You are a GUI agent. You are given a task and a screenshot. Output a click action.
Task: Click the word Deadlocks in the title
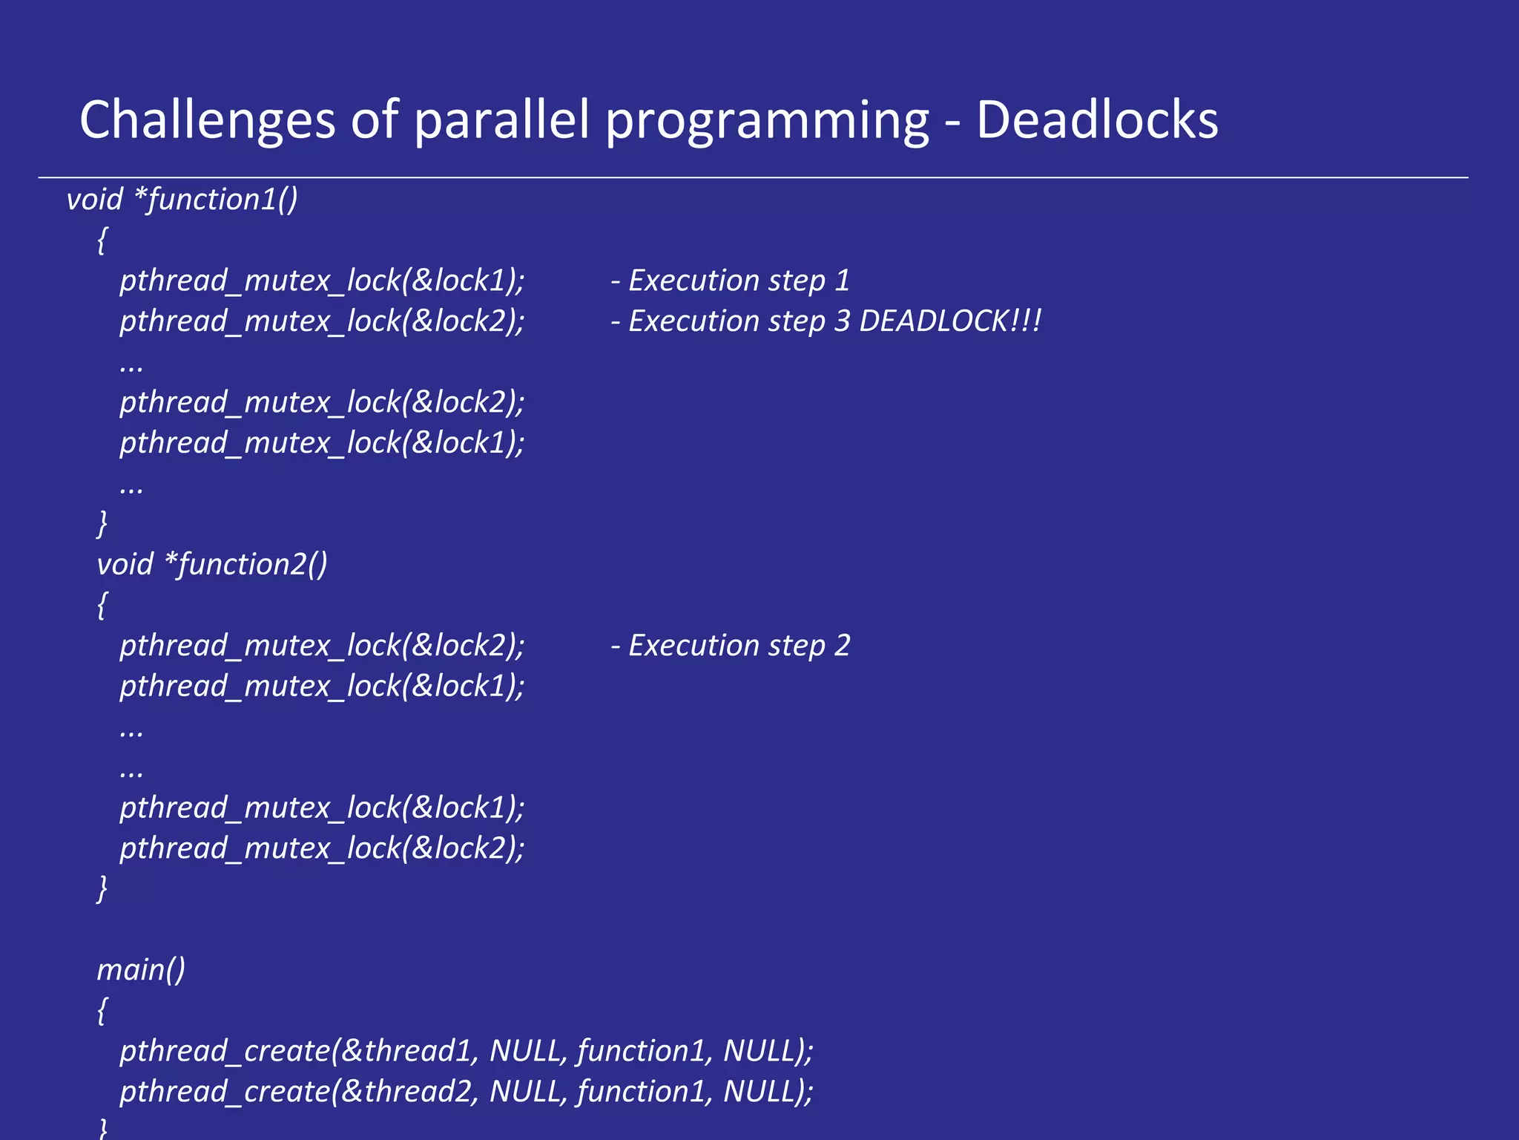coord(1096,120)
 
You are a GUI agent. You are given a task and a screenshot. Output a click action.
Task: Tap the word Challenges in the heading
coord(208,120)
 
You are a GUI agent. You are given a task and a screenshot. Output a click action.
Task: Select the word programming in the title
coord(767,120)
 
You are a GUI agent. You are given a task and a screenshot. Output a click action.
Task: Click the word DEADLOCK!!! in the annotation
coord(950,321)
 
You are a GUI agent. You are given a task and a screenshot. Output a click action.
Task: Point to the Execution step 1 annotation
coord(731,281)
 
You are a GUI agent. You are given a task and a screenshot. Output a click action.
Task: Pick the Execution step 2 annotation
coord(731,646)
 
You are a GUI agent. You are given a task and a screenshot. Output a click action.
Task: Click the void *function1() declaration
coord(182,200)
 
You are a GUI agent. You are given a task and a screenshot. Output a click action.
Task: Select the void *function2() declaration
coord(212,565)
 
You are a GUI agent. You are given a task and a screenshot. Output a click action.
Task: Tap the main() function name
coord(141,970)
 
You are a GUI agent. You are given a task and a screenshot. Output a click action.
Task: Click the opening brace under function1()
coord(102,240)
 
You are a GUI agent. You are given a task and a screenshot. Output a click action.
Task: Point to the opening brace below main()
coord(102,1011)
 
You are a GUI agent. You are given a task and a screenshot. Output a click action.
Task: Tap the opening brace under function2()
coord(102,606)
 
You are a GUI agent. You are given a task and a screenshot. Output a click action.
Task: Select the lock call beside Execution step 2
coord(322,646)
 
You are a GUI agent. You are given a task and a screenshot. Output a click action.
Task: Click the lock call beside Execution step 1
coord(322,281)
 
